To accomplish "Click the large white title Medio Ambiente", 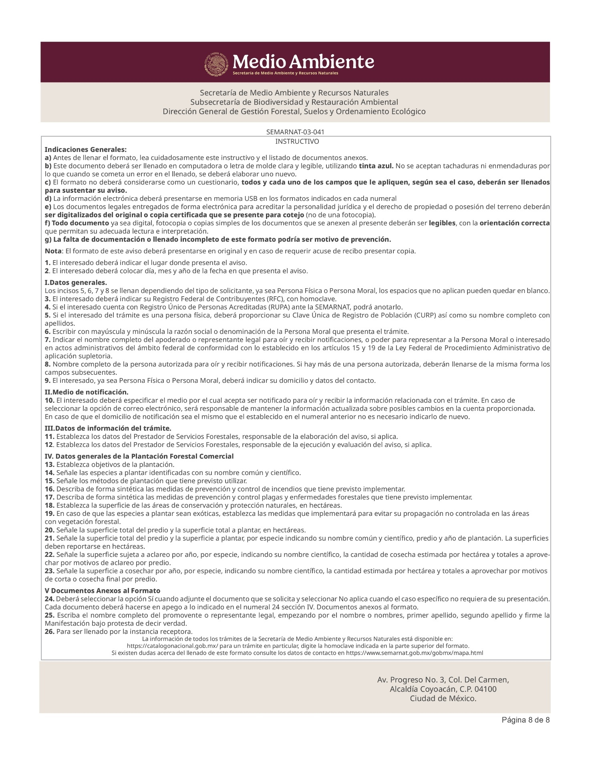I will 303,62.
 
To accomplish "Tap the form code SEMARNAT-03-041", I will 295,132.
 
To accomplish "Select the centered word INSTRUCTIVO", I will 297,141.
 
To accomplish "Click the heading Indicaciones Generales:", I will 86,150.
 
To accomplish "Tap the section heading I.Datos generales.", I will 76,283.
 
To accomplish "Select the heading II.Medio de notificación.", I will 87,392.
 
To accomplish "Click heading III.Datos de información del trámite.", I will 108,428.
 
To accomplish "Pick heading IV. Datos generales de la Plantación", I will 139,456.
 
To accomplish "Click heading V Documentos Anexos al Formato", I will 102,590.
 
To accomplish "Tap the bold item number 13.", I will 49,465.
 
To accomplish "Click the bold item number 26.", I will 49,632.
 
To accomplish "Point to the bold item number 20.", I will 49,530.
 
